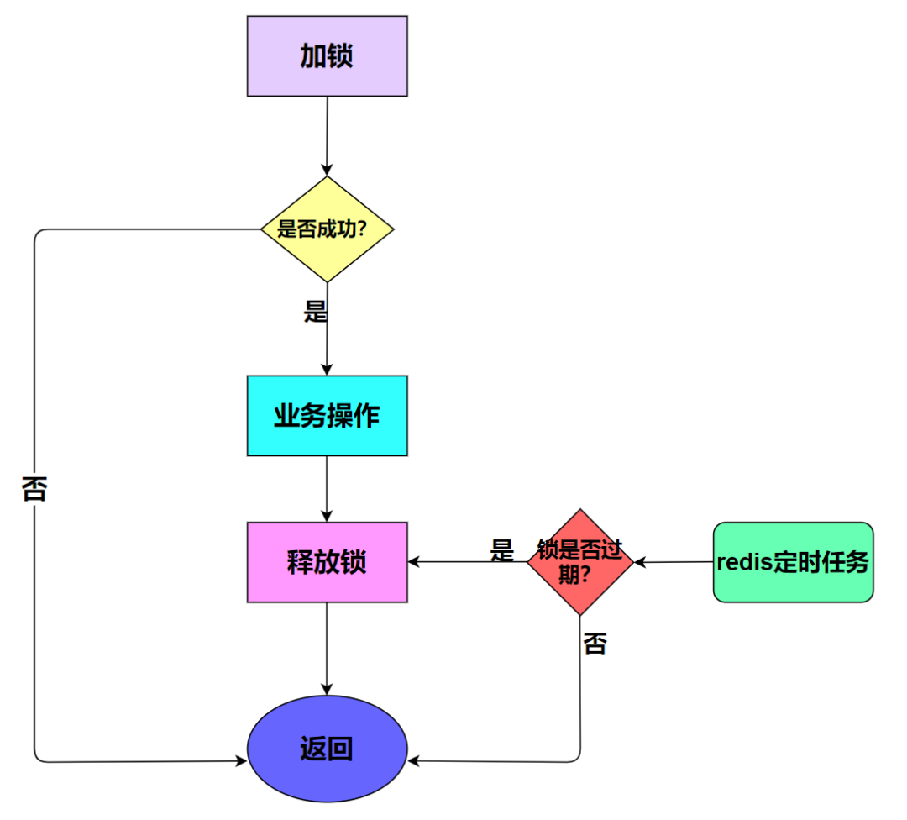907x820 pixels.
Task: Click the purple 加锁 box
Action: [327, 56]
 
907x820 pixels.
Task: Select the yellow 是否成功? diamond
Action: [327, 229]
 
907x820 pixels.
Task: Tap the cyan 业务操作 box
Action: [327, 416]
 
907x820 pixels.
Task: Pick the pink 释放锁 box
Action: [327, 562]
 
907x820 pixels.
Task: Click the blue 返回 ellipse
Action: [327, 749]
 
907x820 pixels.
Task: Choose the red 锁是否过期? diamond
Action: [579, 562]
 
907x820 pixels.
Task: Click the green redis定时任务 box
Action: [793, 562]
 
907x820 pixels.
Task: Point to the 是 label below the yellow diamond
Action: [315, 312]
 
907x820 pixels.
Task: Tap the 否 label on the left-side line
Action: [34, 488]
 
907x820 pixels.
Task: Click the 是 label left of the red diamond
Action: [501, 550]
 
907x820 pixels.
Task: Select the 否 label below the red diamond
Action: [595, 644]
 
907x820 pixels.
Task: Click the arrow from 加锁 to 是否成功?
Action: [327, 134]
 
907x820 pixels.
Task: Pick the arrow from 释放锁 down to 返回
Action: [327, 648]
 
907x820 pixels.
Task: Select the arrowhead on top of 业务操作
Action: [327, 370]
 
